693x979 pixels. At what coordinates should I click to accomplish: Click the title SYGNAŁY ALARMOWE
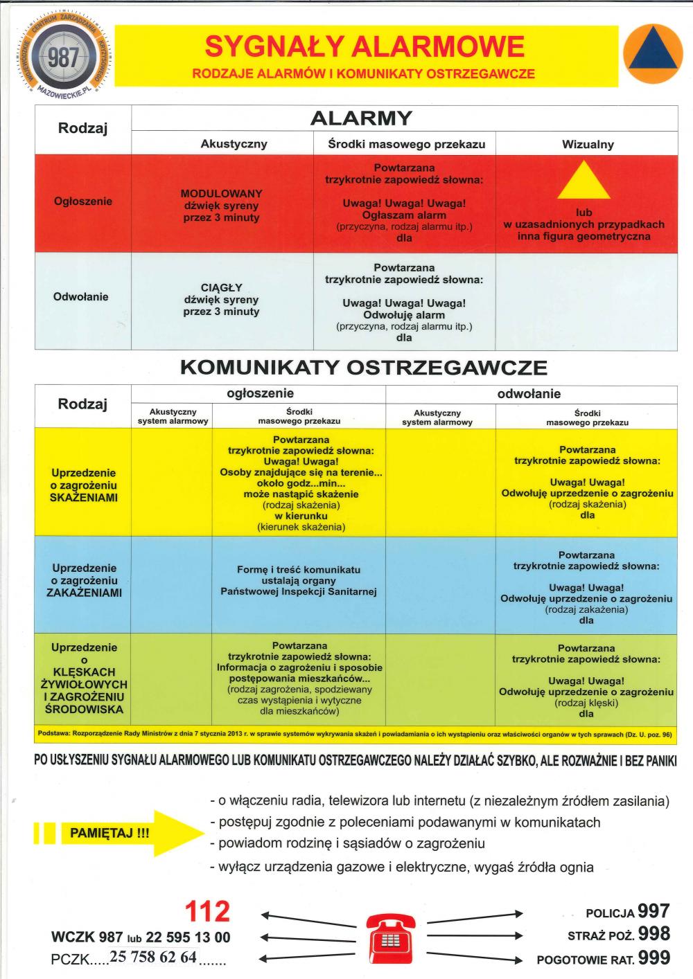365,47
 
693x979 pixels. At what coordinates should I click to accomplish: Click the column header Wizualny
587,144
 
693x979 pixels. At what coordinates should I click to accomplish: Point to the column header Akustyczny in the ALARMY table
234,144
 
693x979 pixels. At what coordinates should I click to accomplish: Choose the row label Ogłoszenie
82,201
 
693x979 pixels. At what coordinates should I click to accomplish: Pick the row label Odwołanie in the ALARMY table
81,297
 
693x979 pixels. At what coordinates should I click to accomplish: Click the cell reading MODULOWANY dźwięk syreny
221,206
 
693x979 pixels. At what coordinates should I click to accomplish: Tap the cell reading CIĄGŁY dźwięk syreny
221,300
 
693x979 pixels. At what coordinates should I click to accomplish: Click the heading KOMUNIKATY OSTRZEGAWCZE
363,368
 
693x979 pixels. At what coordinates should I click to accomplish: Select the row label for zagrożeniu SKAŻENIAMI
84,485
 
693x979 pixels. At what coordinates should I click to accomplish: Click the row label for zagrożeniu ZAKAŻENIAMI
84,580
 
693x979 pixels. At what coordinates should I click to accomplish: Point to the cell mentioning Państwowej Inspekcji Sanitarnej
299,581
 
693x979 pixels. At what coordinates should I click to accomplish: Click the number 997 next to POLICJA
653,911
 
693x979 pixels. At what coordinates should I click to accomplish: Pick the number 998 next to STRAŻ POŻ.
653,935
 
